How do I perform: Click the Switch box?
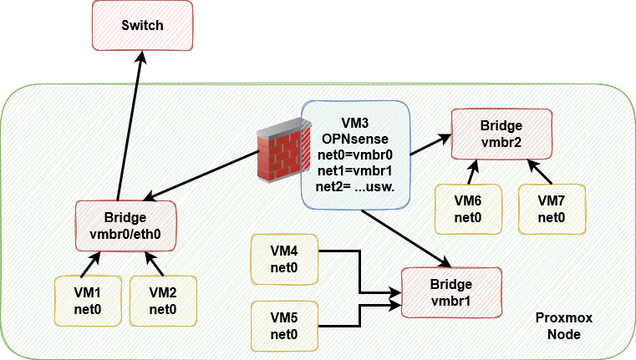(142, 26)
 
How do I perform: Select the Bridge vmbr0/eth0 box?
(125, 225)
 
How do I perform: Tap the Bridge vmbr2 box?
(501, 134)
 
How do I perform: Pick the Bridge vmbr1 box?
(451, 292)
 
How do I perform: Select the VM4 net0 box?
(285, 259)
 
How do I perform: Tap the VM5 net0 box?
(285, 325)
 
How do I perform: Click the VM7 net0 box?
(551, 208)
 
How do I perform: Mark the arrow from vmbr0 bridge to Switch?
(130, 125)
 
